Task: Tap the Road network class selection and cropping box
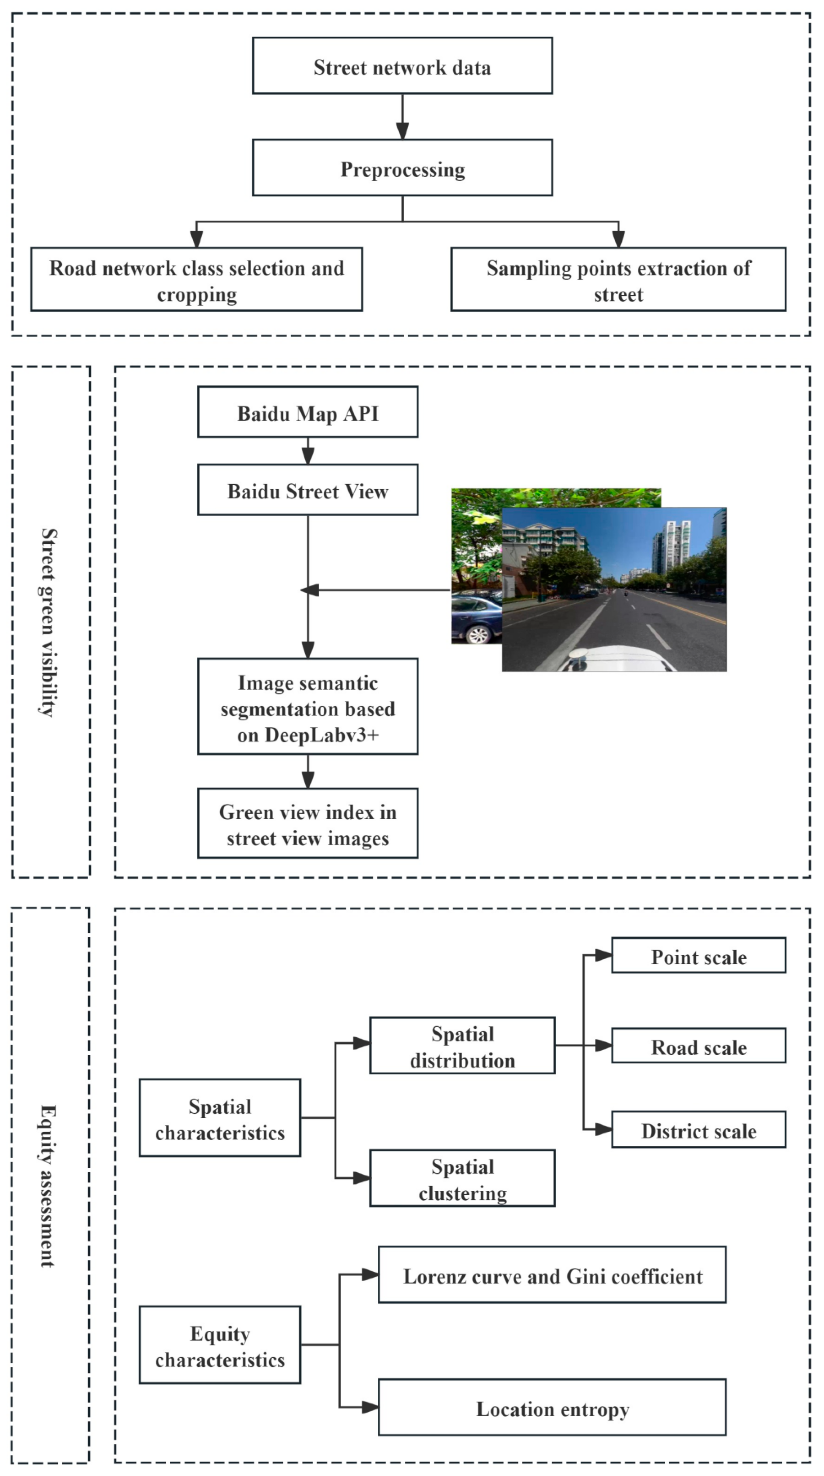(197, 280)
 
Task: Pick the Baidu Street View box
(308, 490)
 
